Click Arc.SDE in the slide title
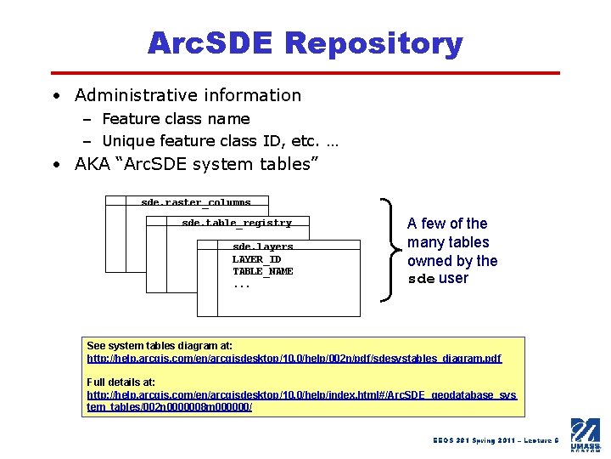tap(212, 42)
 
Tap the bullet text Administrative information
tap(188, 95)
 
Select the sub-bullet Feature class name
tap(177, 119)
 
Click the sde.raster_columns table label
tap(195, 203)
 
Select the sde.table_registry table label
tap(236, 224)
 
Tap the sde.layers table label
tap(262, 247)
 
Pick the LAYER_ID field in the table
tap(256, 259)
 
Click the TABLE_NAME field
tap(263, 271)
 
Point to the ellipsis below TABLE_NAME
tap(241, 286)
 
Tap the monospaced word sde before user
tap(421, 279)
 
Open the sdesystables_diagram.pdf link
tap(294, 359)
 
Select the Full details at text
tap(121, 382)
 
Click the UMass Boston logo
tap(585, 434)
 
